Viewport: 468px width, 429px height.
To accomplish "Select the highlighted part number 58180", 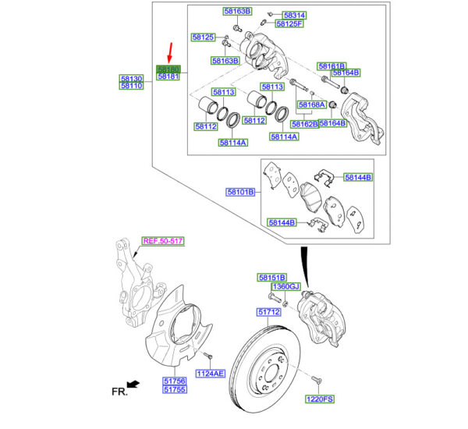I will [168, 69].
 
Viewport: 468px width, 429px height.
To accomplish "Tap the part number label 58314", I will [294, 15].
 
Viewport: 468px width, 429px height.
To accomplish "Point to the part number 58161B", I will [331, 66].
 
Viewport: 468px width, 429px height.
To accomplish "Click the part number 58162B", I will [305, 123].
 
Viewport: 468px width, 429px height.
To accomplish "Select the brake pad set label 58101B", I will [241, 191].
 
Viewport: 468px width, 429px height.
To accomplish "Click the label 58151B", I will [273, 277].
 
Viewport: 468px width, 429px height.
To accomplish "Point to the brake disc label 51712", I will [269, 312].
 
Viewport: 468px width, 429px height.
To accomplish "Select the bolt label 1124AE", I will [210, 374].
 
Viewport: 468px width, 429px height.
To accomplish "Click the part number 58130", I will [131, 79].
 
